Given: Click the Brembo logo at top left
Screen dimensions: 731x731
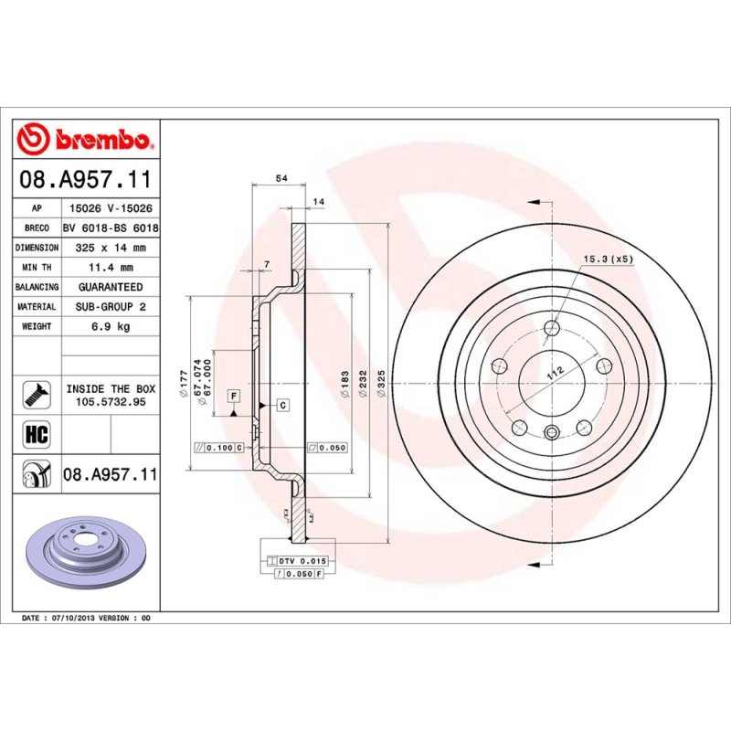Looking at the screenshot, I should pyautogui.click(x=87, y=140).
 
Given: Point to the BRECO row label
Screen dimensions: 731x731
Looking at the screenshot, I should pyautogui.click(x=37, y=228).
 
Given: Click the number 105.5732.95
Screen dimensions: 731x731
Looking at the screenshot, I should pyautogui.click(x=110, y=401).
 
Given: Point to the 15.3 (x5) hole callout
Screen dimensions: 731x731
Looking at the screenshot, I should pyautogui.click(x=608, y=259).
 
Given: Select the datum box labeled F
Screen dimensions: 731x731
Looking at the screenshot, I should pyautogui.click(x=234, y=395).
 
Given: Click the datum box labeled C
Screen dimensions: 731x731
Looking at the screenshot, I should pyautogui.click(x=282, y=404).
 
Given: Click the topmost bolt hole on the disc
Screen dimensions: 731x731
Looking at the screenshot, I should pyautogui.click(x=551, y=330).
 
